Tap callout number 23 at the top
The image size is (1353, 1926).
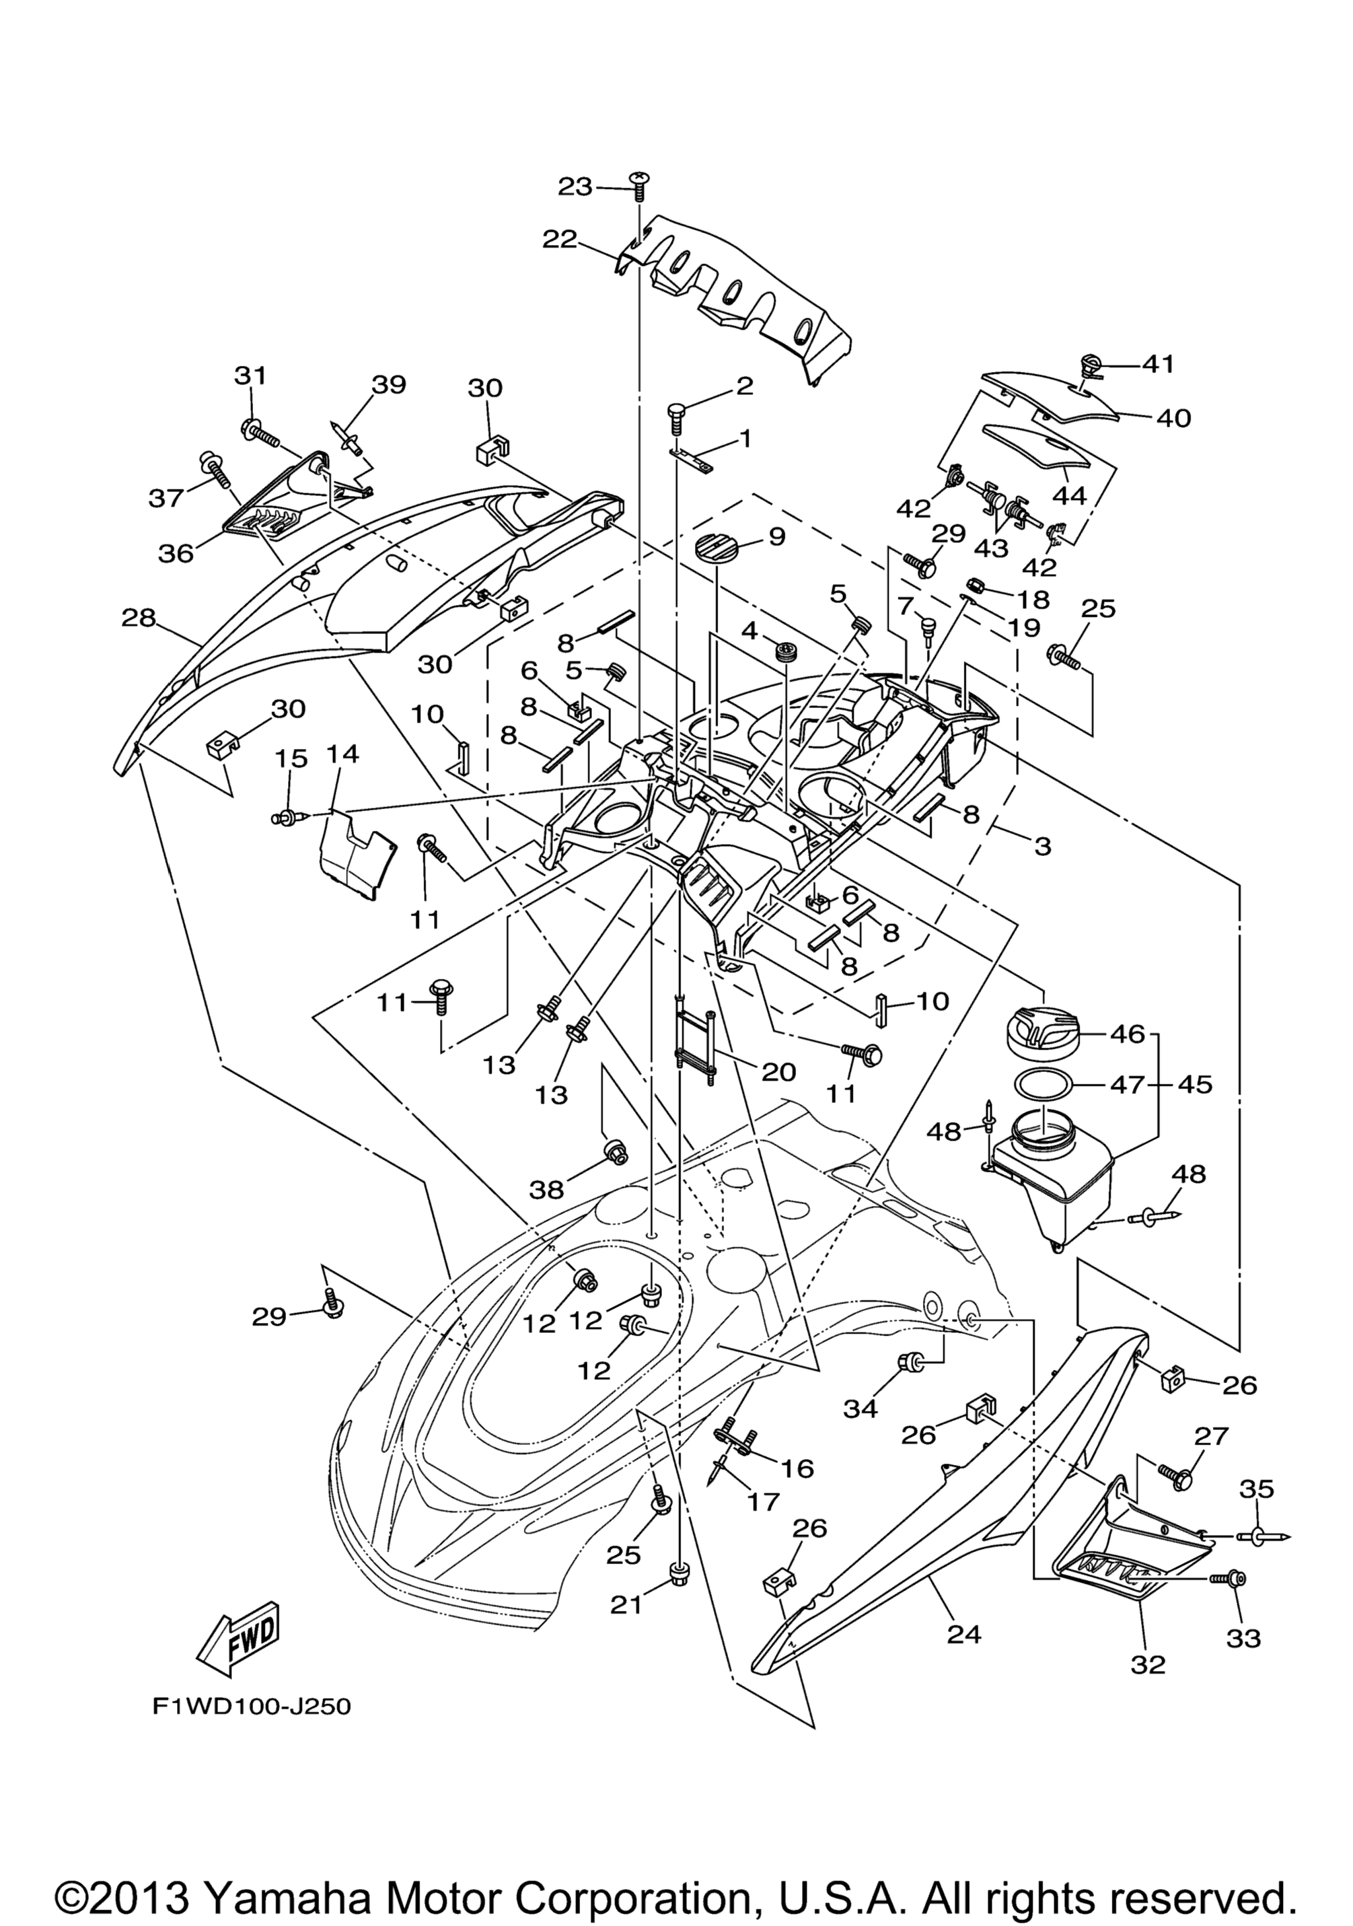click(575, 187)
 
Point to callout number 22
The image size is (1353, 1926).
click(560, 239)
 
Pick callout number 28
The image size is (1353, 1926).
click(138, 618)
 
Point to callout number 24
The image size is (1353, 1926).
click(964, 1633)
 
